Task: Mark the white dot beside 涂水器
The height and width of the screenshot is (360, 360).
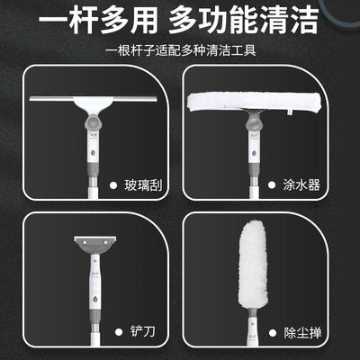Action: tap(290, 185)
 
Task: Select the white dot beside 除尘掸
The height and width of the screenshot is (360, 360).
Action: tap(290, 334)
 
